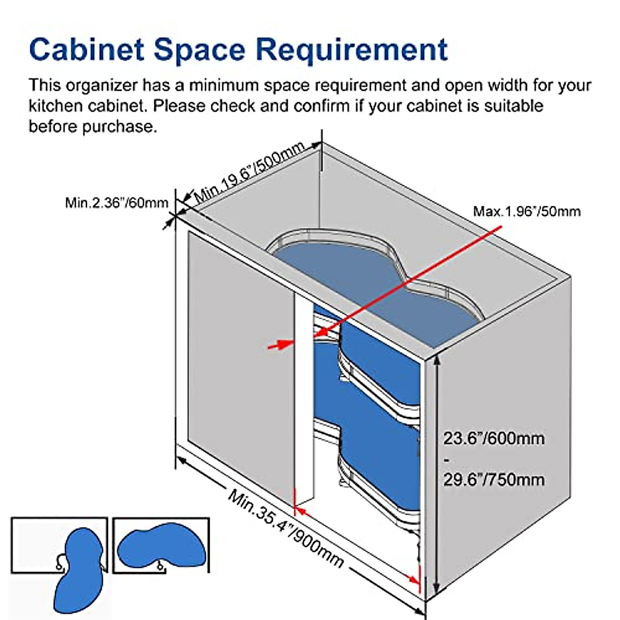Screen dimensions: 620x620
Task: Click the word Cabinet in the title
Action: click(87, 50)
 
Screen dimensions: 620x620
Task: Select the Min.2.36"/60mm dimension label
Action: click(117, 203)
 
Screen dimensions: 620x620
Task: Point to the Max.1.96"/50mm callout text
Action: click(526, 211)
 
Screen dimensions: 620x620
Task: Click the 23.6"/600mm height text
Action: click(493, 439)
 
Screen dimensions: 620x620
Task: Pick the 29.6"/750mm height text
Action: click(493, 479)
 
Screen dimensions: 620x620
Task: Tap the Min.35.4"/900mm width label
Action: click(286, 528)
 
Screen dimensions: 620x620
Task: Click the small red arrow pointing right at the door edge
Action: click(281, 344)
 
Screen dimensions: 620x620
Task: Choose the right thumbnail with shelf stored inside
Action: click(161, 546)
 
